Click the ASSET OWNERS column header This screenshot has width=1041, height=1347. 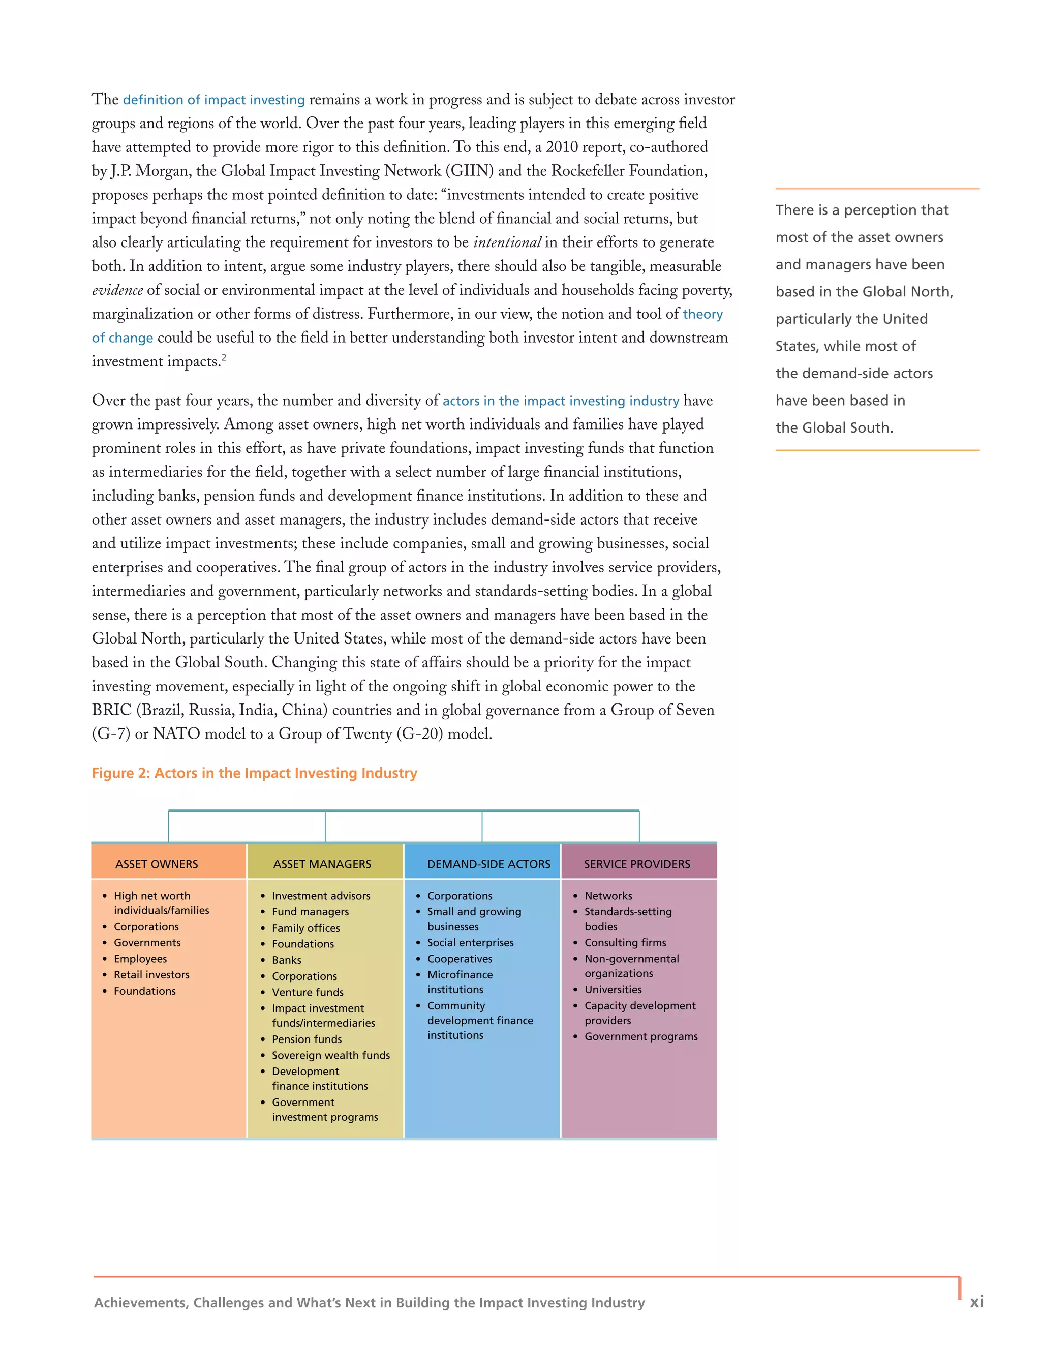click(157, 864)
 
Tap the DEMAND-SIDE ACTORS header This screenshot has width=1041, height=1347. click(488, 864)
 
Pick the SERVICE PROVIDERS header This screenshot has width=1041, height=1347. click(637, 864)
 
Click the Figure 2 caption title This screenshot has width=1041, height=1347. click(254, 773)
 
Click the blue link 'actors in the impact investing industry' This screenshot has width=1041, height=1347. click(561, 401)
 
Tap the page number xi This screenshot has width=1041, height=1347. click(976, 1302)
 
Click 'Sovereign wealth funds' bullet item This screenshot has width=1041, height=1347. click(330, 1055)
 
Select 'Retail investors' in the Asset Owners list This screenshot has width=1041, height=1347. click(151, 974)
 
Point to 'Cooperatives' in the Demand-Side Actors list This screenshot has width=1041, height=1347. click(460, 959)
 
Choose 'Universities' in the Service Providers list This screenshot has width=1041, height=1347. click(613, 989)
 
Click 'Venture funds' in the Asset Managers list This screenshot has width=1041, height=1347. click(307, 992)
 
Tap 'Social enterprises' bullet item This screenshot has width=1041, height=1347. click(470, 942)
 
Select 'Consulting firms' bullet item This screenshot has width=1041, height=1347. click(625, 942)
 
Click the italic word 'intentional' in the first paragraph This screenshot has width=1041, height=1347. click(507, 242)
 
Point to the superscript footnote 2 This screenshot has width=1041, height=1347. click(224, 358)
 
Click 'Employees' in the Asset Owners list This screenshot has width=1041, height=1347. click(140, 959)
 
